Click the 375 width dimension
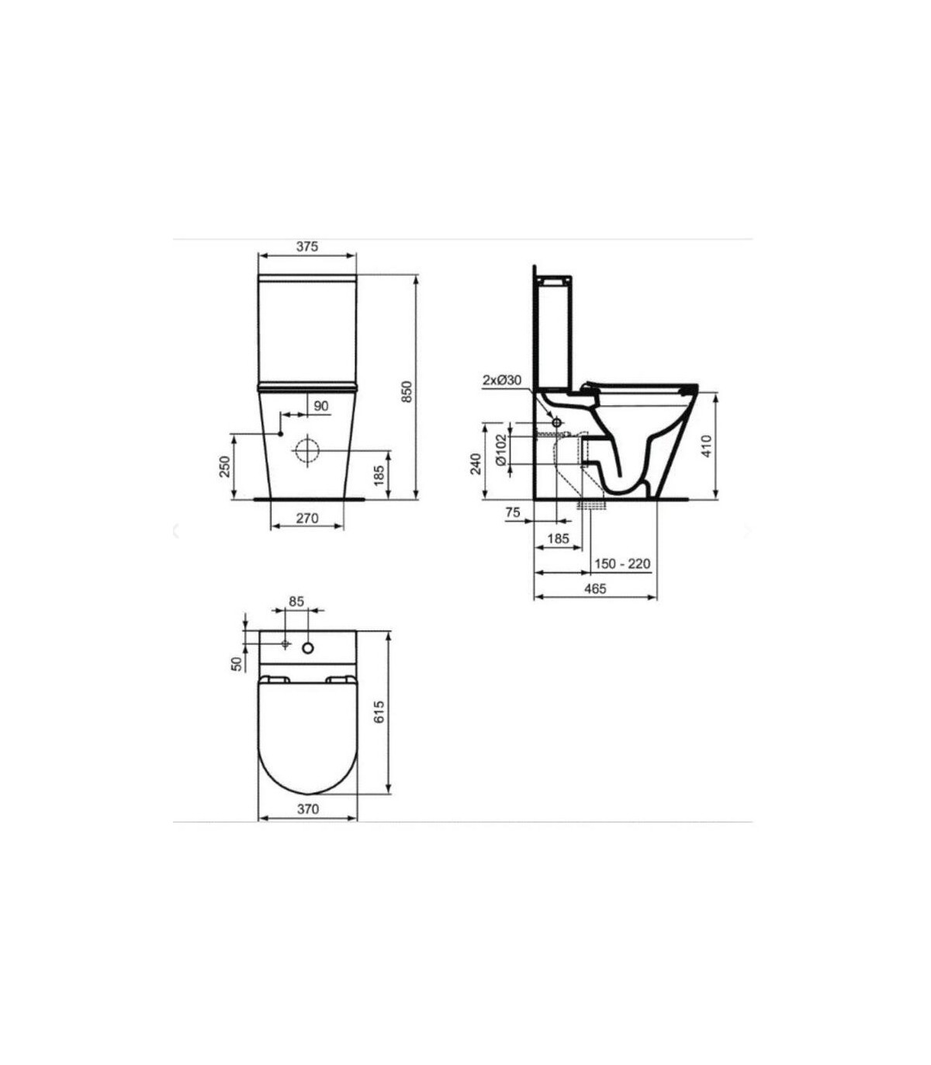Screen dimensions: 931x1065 [307, 247]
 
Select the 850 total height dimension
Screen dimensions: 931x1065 [407, 391]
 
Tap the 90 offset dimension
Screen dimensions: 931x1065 [321, 405]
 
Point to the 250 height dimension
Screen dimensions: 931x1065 [224, 467]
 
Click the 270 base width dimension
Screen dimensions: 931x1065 [307, 518]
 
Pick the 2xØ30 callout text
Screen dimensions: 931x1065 [502, 380]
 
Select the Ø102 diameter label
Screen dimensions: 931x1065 [500, 449]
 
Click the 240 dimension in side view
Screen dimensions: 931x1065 [476, 463]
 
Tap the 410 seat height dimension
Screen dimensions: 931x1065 [706, 446]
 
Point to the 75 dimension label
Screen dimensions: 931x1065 [512, 512]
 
